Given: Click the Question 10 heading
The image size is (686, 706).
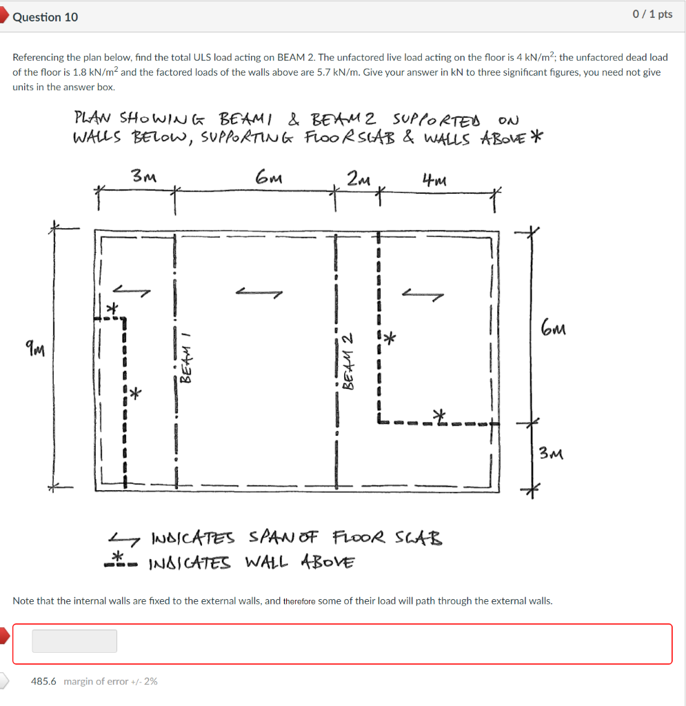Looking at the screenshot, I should tap(46, 17).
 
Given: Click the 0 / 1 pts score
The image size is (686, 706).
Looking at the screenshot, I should tap(652, 14).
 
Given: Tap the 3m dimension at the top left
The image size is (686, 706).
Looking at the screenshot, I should tap(144, 176).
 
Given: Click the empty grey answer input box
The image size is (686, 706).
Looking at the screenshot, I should tap(74, 641).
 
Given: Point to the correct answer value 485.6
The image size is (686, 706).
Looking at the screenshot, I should tap(43, 681).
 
